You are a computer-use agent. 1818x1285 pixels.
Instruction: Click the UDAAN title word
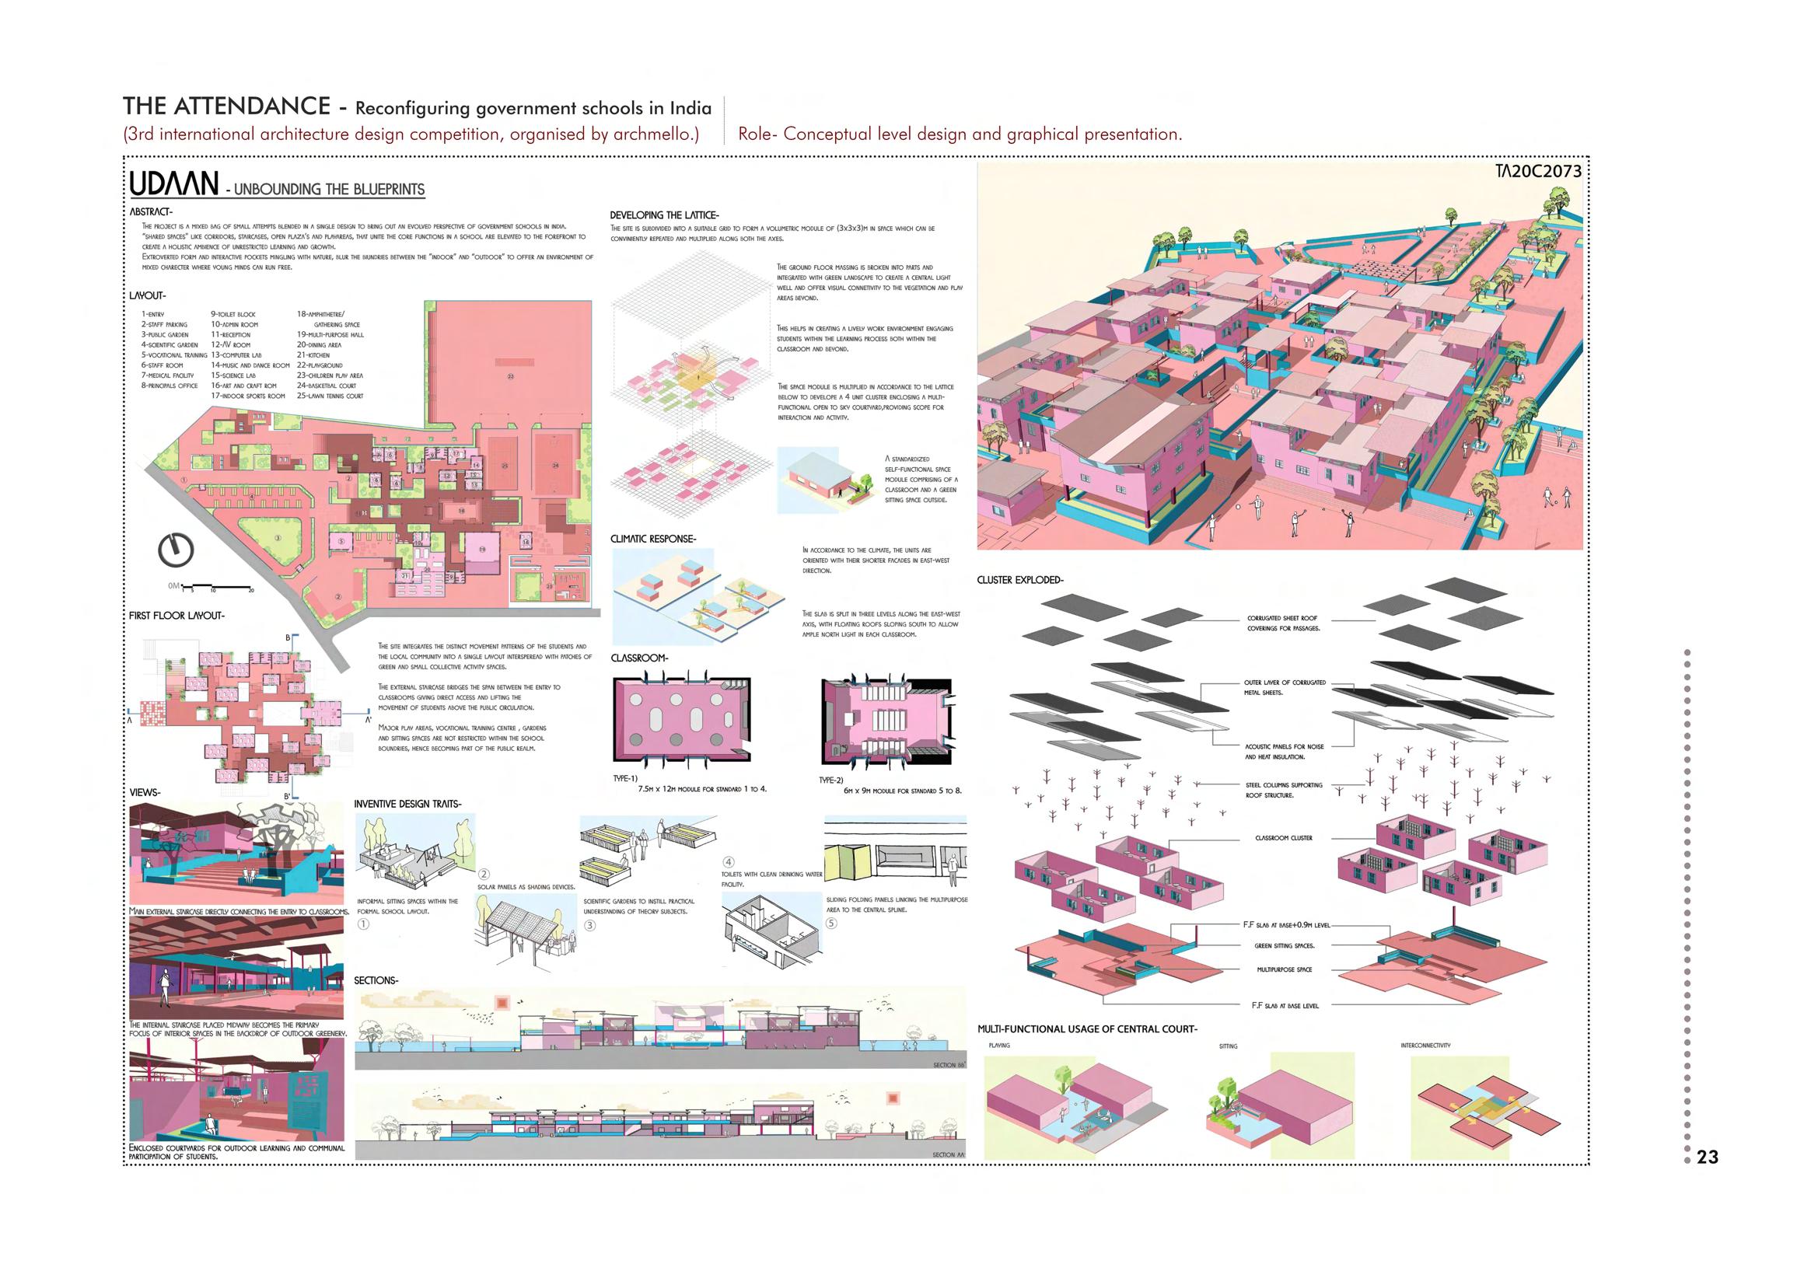(x=174, y=184)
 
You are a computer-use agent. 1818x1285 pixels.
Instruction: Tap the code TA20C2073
(x=1533, y=172)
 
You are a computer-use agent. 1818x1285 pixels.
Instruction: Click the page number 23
(x=1708, y=1157)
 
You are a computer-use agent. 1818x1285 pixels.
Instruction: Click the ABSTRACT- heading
(x=151, y=211)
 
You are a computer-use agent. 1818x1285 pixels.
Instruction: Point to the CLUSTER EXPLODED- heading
(x=1020, y=581)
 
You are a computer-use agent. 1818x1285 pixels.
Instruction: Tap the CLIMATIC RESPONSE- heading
(x=652, y=539)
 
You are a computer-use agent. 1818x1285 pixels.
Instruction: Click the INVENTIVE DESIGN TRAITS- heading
(x=407, y=805)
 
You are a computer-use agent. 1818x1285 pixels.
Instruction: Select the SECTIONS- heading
(x=376, y=980)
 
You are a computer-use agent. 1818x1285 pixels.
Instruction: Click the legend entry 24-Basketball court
(x=327, y=386)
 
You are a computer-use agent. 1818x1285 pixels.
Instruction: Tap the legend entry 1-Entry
(x=153, y=314)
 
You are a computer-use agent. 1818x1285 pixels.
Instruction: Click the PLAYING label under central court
(x=999, y=1046)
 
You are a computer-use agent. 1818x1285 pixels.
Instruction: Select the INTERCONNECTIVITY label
(x=1425, y=1046)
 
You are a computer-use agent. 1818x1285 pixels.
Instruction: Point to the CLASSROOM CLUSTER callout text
(x=1284, y=838)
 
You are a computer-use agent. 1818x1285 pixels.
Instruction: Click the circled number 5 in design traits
(x=830, y=924)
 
